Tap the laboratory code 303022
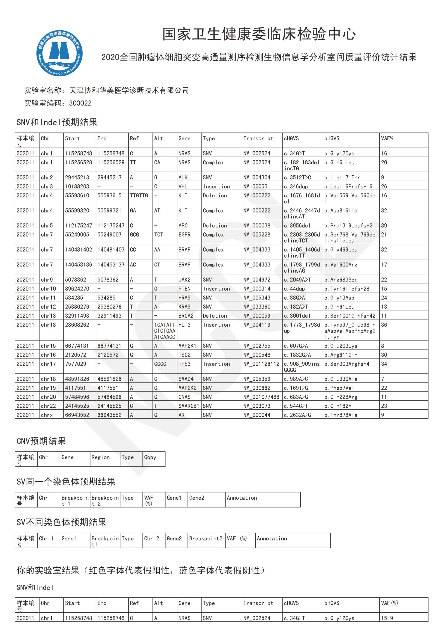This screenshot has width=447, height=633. coord(80,103)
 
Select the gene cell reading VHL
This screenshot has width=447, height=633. coord(183,186)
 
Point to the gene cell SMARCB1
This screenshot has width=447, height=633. coord(189,406)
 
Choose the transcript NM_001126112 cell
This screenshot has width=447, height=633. coord(261,364)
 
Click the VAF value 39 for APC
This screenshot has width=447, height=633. coord(384,226)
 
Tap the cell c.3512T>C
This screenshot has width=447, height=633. coord(297,178)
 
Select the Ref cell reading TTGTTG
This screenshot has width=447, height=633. coord(139,195)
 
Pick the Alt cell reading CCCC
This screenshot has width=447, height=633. coord(160,364)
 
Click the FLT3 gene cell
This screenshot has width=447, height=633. coord(184,325)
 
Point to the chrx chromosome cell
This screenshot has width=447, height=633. coord(47,415)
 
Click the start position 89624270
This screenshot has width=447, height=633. coord(77,289)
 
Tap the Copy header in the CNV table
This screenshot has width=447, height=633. coord(150,457)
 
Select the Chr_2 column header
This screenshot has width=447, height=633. coord(151,539)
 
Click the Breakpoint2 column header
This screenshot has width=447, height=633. coord(206,539)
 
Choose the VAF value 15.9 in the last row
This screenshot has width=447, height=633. coord(387,618)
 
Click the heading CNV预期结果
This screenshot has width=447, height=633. coord(41,441)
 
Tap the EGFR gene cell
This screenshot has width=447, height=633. coord(184,235)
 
